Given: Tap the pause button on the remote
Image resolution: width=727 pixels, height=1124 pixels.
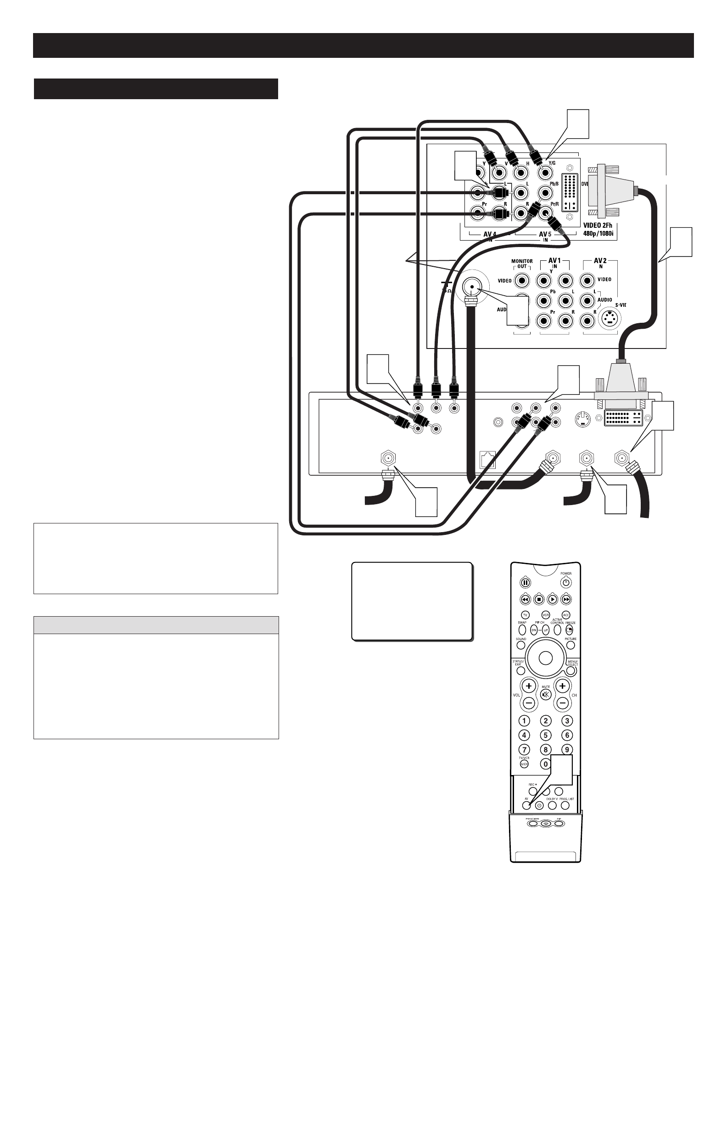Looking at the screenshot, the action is click(526, 582).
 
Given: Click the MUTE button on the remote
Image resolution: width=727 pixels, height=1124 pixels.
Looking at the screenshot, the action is click(546, 694).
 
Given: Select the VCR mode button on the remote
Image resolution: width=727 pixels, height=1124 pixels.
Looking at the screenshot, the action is click(546, 615).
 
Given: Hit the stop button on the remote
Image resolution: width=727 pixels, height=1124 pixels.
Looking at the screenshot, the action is click(539, 599).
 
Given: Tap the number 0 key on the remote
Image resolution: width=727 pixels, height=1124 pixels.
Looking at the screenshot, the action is click(546, 764).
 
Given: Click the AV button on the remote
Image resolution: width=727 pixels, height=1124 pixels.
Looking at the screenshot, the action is click(527, 805).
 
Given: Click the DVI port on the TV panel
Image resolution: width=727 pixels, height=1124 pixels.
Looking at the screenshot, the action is click(570, 192).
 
